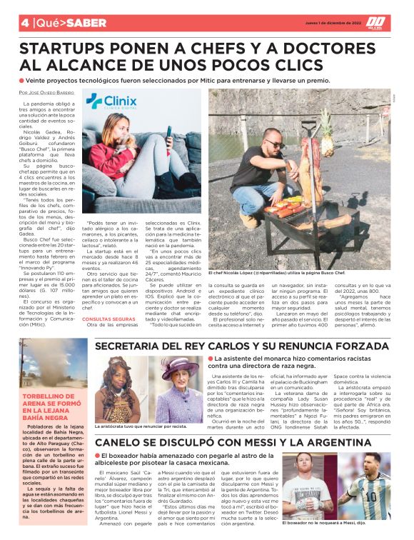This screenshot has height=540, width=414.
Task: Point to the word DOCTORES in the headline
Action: (338, 49)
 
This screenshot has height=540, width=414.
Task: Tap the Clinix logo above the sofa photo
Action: (111, 101)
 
